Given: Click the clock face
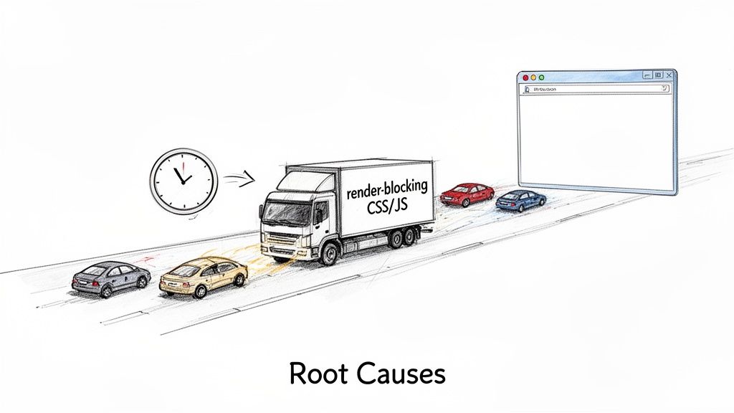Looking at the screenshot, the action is (x=183, y=179).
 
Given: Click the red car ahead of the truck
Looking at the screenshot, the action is (x=467, y=193).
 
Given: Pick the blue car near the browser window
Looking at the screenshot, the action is (x=520, y=199).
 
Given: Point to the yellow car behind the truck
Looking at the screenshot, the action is (x=204, y=277).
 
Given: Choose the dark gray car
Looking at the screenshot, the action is (x=111, y=278).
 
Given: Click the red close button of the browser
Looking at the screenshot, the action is (x=525, y=77).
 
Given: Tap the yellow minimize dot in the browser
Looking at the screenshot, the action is (x=533, y=77).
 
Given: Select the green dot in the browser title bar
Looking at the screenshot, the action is (x=542, y=77).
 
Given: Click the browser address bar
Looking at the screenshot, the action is (x=595, y=89).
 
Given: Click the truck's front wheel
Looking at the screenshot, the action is (x=328, y=252).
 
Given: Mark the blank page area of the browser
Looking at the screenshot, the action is (x=595, y=140).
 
